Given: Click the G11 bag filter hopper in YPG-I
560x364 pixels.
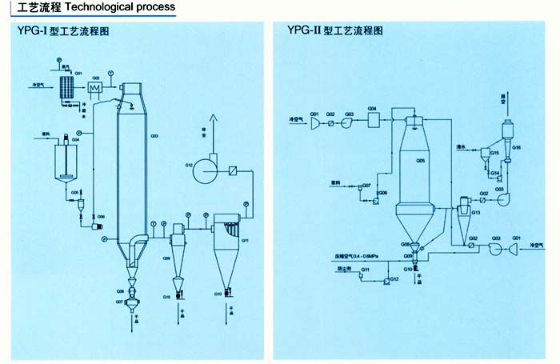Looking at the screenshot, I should [x=229, y=256].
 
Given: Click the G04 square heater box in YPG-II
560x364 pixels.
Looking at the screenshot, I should [x=374, y=120].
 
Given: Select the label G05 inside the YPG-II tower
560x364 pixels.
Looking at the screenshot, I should [x=419, y=161].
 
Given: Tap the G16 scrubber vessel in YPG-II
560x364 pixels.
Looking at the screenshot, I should [x=506, y=132].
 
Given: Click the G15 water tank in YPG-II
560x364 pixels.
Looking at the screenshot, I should [x=486, y=157].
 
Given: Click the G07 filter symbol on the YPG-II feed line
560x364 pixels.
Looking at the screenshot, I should [x=360, y=189].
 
